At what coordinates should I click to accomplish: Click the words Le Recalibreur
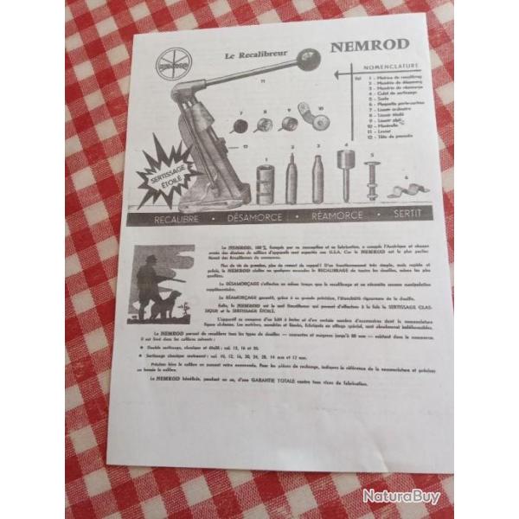[247, 57]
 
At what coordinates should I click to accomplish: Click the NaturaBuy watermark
[400, 497]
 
